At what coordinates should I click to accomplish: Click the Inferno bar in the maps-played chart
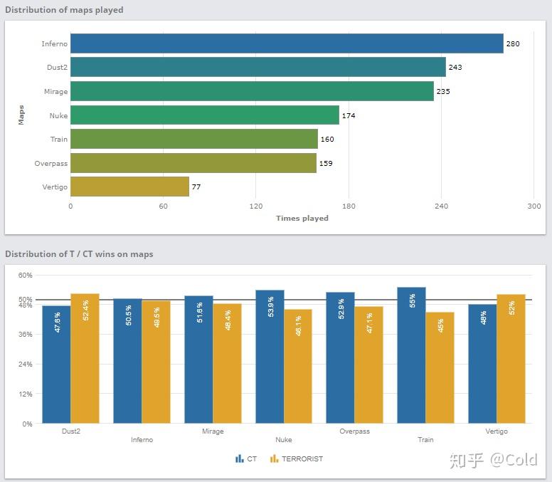pyautogui.click(x=287, y=43)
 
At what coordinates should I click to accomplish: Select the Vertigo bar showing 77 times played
pyautogui.click(x=129, y=187)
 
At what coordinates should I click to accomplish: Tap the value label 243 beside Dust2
pyautogui.click(x=455, y=68)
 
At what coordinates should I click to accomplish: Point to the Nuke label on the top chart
pyautogui.click(x=58, y=115)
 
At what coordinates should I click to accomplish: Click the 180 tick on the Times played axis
pyautogui.click(x=349, y=206)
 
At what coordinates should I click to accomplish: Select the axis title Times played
pyautogui.click(x=302, y=218)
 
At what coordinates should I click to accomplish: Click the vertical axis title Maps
pyautogui.click(x=21, y=115)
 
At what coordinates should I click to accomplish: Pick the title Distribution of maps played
pyautogui.click(x=64, y=10)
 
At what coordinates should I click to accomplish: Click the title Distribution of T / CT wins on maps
pyautogui.click(x=79, y=253)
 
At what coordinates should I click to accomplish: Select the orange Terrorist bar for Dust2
pyautogui.click(x=85, y=358)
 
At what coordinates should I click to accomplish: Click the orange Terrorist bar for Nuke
pyautogui.click(x=298, y=366)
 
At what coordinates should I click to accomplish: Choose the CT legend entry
pyautogui.click(x=246, y=459)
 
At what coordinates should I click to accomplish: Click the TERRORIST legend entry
pyautogui.click(x=296, y=459)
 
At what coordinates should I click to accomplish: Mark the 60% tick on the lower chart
pyautogui.click(x=26, y=275)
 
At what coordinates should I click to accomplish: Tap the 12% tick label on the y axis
pyautogui.click(x=26, y=394)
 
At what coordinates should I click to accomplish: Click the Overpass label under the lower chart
pyautogui.click(x=354, y=431)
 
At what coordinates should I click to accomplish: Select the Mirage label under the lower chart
pyautogui.click(x=213, y=431)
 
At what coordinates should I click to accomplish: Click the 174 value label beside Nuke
pyautogui.click(x=349, y=115)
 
